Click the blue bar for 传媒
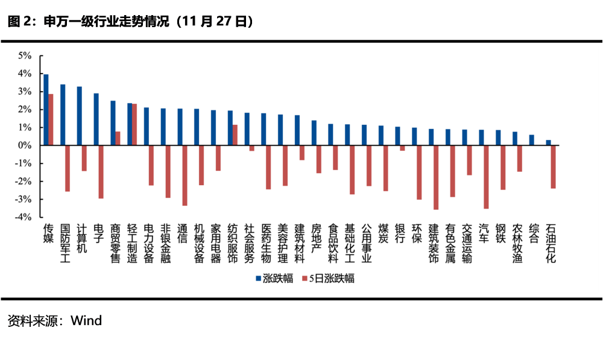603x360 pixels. pyautogui.click(x=46, y=110)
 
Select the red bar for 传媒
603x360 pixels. pyautogui.click(x=51, y=119)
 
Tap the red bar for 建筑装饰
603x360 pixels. pyautogui.click(x=436, y=177)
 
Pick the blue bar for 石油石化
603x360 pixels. pyautogui.click(x=548, y=143)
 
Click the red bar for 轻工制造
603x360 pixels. pyautogui.click(x=134, y=125)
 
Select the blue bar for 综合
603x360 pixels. pyautogui.click(x=531, y=140)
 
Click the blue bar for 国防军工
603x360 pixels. pyautogui.click(x=63, y=115)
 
